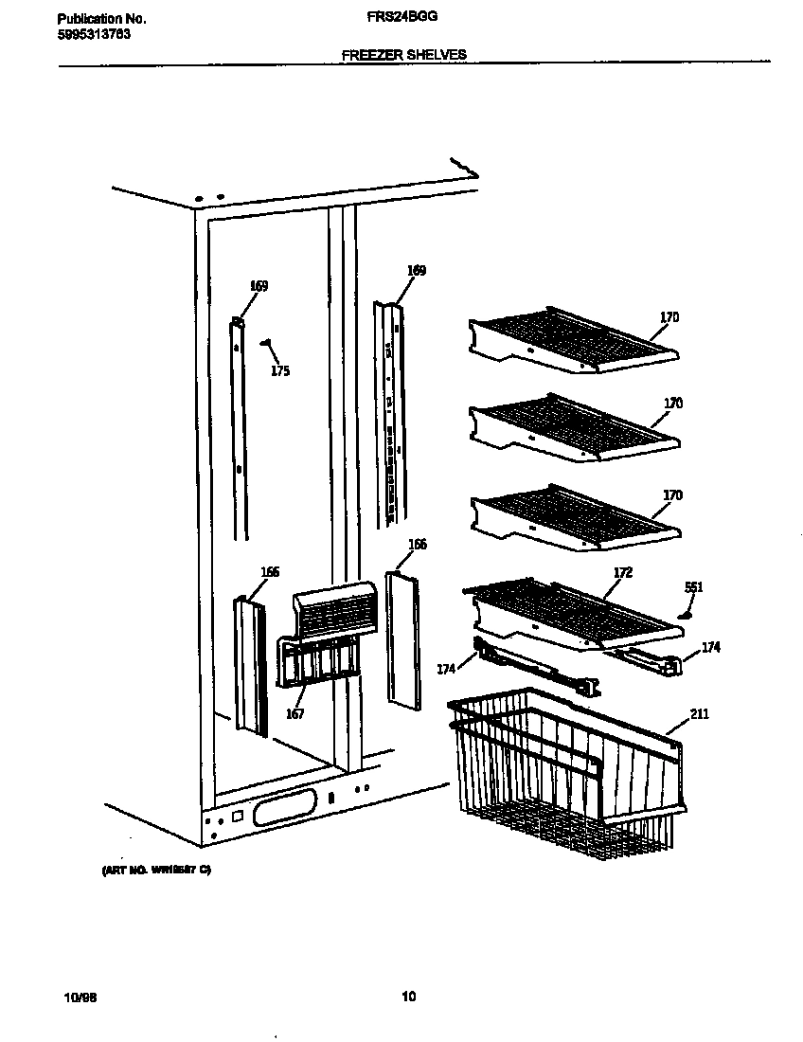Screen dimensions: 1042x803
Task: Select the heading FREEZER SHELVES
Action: point(403,55)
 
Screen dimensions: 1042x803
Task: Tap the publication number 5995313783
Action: point(94,34)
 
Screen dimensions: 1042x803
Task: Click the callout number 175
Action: point(279,371)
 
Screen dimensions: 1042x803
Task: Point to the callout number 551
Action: point(693,587)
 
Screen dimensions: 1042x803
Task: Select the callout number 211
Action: point(699,713)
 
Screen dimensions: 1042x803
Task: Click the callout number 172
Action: point(623,572)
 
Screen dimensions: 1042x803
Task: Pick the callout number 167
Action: point(295,713)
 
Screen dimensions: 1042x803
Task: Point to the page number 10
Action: point(408,996)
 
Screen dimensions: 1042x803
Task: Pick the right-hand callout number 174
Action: point(710,647)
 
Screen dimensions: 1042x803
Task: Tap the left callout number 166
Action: point(270,571)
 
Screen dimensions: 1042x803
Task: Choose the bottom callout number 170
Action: point(672,495)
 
